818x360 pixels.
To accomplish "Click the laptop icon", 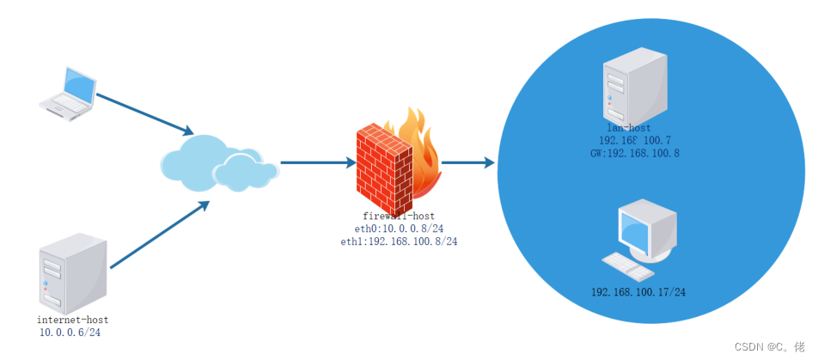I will pyautogui.click(x=69, y=94).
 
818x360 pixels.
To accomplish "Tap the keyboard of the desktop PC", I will pyautogui.click(x=628, y=267).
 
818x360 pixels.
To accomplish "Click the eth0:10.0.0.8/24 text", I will pyautogui.click(x=397, y=229).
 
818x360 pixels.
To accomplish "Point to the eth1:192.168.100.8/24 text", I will pyautogui.click(x=399, y=242).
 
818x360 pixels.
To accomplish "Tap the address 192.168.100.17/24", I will pyautogui.click(x=638, y=292).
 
